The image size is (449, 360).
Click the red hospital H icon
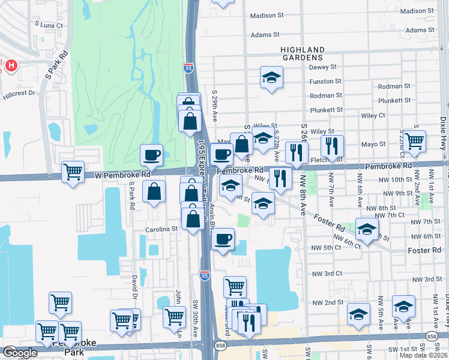[x=11, y=65]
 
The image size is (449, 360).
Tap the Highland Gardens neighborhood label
[x=302, y=53]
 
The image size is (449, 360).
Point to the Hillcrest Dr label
[x=19, y=94]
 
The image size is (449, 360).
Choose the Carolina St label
[x=162, y=229]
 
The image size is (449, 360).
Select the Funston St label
[x=325, y=81]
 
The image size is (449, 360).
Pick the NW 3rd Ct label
[x=326, y=274]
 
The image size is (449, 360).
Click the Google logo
[x=20, y=353]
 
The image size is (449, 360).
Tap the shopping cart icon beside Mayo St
[x=414, y=141]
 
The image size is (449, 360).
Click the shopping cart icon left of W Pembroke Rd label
[x=73, y=172]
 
